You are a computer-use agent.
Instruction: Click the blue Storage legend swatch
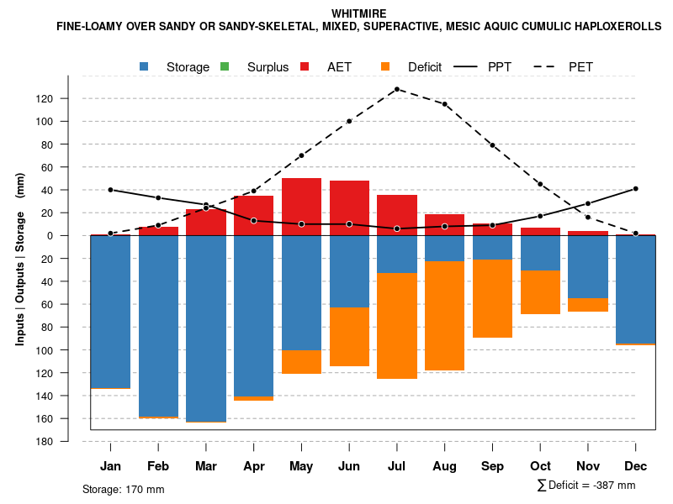click(145, 66)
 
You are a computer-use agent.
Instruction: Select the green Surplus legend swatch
click(225, 66)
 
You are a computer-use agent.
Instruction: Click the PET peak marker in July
click(397, 89)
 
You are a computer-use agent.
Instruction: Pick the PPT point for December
click(635, 189)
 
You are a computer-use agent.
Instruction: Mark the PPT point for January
click(111, 190)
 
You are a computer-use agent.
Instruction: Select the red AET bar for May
click(301, 207)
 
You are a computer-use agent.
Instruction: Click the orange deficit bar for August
click(445, 316)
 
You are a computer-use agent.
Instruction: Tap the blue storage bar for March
click(206, 328)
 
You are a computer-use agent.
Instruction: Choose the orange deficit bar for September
click(492, 298)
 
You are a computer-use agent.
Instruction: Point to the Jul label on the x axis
click(397, 466)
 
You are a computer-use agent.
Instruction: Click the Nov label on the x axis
click(588, 466)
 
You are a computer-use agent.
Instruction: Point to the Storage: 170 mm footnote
click(124, 489)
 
